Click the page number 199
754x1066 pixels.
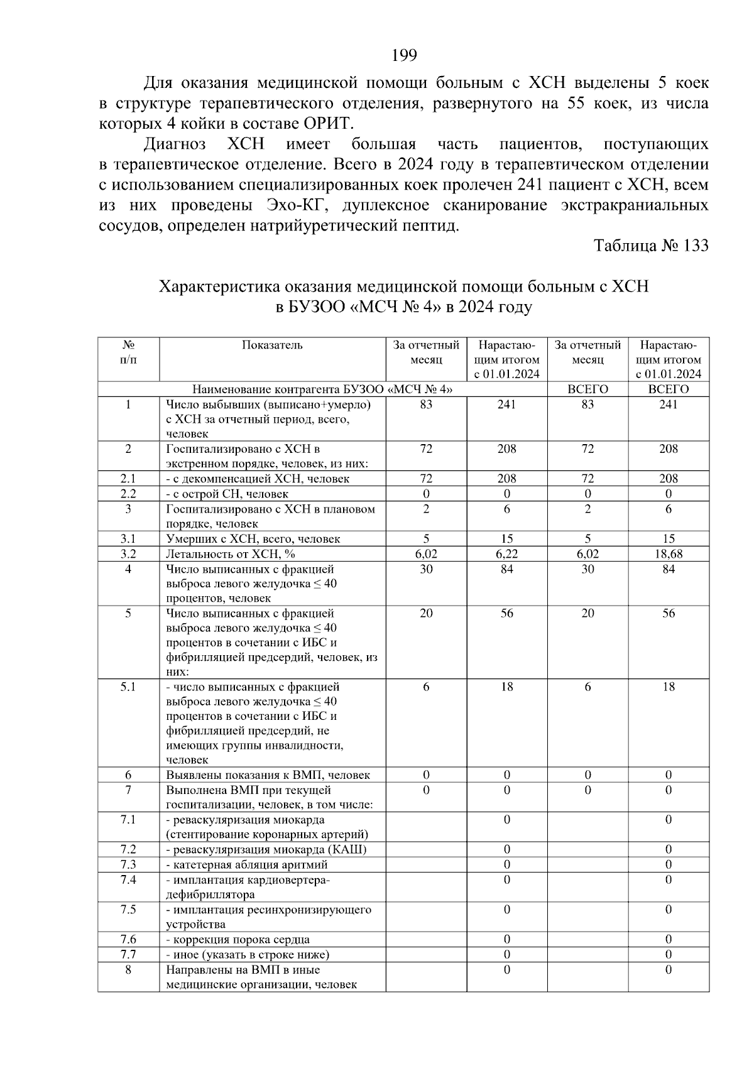click(404, 56)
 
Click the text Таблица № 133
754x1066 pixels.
click(651, 246)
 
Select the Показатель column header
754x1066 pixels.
click(272, 345)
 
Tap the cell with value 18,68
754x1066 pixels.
click(668, 554)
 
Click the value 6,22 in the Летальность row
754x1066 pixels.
click(506, 554)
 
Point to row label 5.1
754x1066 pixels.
click(128, 687)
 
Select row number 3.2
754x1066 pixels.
click(128, 554)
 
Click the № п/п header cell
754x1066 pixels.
click(128, 352)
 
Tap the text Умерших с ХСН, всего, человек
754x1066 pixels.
click(253, 539)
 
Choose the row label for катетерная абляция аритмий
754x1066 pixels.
click(247, 865)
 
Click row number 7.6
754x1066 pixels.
click(128, 940)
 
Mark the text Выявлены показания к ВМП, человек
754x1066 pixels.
click(268, 775)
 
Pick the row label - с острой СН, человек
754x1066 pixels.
click(227, 494)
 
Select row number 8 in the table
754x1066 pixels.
click(128, 970)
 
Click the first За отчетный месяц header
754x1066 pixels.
click(426, 352)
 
